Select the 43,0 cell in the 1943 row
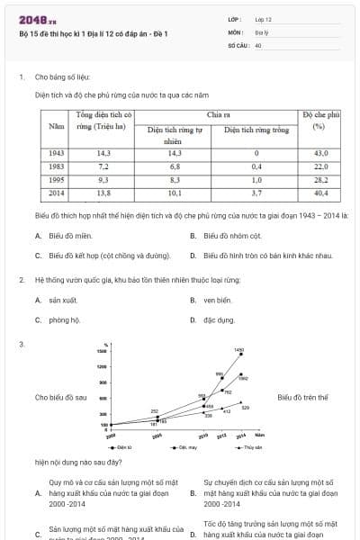pyautogui.click(x=320, y=154)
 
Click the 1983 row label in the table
pyautogui.click(x=56, y=166)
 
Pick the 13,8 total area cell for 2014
pyautogui.click(x=103, y=193)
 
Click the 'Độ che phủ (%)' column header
pyautogui.click(x=320, y=121)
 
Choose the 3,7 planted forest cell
pyautogui.click(x=256, y=193)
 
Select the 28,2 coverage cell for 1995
pyautogui.click(x=320, y=180)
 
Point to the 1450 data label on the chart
pyautogui.click(x=238, y=349)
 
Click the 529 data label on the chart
pyautogui.click(x=246, y=408)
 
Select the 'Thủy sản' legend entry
pyautogui.click(x=251, y=446)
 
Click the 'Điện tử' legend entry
pyautogui.click(x=123, y=446)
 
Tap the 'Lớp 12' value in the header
pyautogui.click(x=263, y=18)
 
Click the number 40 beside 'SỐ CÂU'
pyautogui.click(x=258, y=43)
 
